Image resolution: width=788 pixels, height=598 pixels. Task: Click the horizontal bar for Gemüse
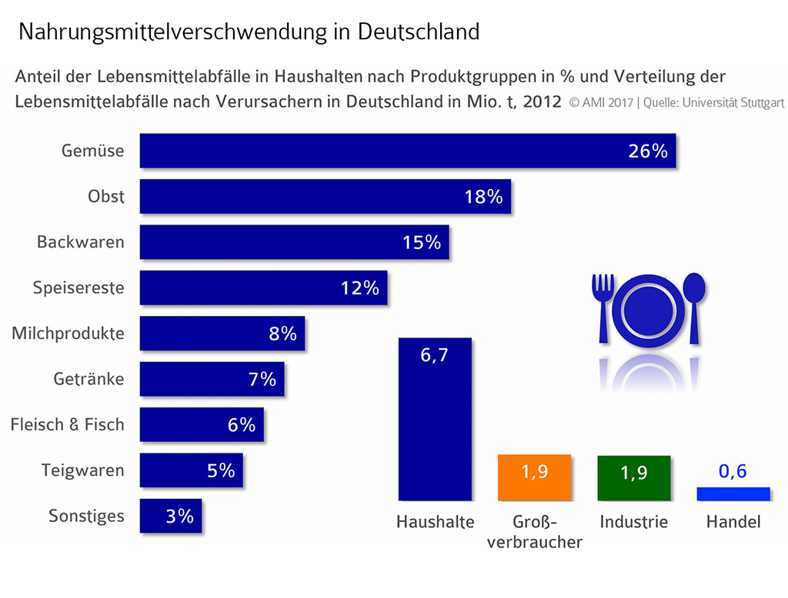point(385,151)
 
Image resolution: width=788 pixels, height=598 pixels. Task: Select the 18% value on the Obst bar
point(483,197)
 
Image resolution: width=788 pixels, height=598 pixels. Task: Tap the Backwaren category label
point(81,242)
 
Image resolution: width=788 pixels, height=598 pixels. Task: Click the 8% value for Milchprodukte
point(282,334)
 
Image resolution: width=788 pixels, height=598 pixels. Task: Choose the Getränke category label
point(88,379)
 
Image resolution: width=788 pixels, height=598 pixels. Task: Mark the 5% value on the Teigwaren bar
point(221,470)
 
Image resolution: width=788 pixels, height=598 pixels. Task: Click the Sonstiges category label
point(86,516)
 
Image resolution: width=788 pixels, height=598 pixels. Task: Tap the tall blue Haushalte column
point(435,430)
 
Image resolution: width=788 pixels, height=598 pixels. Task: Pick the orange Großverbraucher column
point(534,477)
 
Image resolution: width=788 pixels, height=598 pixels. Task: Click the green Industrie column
point(634,478)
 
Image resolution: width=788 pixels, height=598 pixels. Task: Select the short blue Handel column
point(733,494)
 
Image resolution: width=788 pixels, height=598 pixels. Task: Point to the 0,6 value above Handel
point(733,471)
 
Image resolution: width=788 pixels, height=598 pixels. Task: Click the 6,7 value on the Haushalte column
point(435,357)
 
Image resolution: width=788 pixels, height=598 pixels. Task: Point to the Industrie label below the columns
point(634,522)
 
